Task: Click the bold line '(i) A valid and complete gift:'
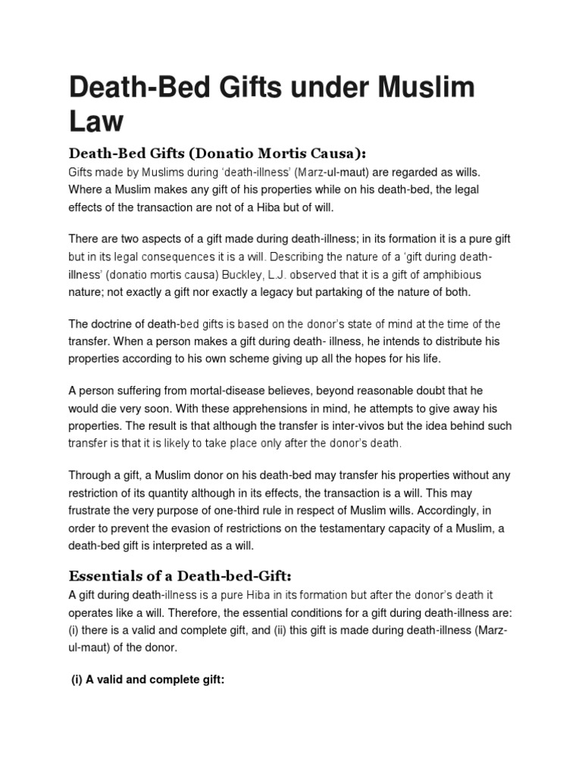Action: tap(149, 680)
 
